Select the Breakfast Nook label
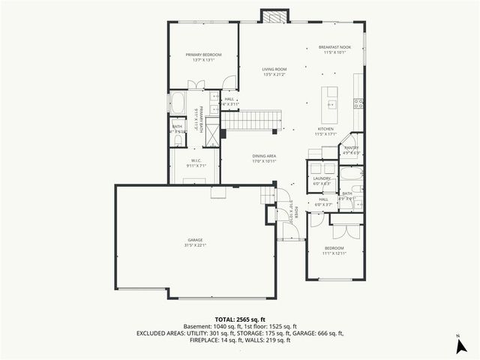[334, 47]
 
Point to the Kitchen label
[325, 129]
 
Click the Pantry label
[351, 148]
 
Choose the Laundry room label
[322, 178]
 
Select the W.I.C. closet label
[195, 160]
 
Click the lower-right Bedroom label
[334, 247]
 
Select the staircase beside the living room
[252, 118]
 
